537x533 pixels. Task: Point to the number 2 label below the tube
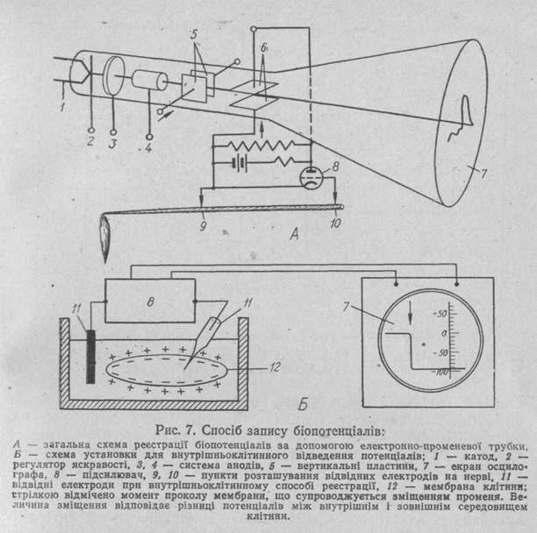point(89,139)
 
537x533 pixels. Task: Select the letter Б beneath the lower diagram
point(301,405)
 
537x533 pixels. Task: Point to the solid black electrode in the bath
point(91,358)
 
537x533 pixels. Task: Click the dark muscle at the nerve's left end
point(107,233)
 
